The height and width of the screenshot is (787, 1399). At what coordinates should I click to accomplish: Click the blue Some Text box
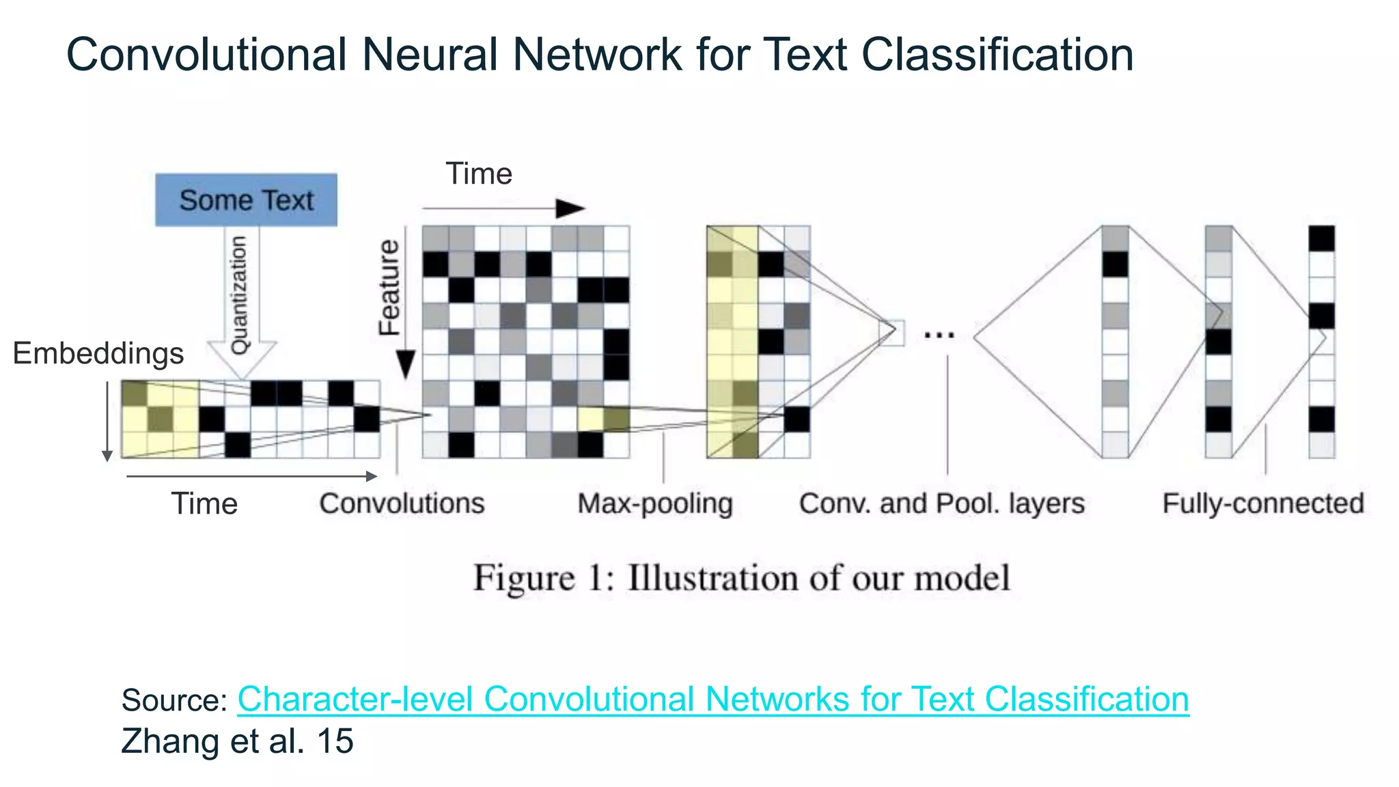(x=246, y=200)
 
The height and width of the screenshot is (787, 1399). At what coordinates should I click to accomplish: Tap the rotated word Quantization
(x=239, y=295)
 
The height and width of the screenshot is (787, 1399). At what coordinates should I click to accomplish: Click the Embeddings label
(x=98, y=353)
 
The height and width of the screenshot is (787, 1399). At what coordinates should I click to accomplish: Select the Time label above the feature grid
(x=478, y=174)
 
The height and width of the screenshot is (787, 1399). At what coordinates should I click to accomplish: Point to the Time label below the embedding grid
(x=204, y=504)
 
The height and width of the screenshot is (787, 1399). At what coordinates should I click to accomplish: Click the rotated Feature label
(x=389, y=287)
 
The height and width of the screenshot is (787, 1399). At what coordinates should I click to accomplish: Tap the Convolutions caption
(x=402, y=503)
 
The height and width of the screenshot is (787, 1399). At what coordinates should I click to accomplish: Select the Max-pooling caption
(x=654, y=504)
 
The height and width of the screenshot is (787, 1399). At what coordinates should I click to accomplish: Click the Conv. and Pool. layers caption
(x=941, y=503)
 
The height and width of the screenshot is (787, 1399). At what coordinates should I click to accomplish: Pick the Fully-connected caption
(x=1263, y=503)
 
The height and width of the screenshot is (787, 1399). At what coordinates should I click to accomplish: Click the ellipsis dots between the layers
(x=939, y=335)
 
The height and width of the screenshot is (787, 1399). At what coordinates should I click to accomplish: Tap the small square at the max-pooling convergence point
(x=891, y=333)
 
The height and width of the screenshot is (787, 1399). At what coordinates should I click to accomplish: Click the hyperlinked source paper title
(x=712, y=699)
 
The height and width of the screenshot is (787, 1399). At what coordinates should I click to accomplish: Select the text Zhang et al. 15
(x=237, y=741)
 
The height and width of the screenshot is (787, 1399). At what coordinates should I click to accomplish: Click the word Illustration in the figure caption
(x=713, y=578)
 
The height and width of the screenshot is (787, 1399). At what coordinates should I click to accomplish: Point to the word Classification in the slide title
(x=997, y=55)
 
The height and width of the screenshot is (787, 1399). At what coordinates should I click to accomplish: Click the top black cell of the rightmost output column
(x=1322, y=239)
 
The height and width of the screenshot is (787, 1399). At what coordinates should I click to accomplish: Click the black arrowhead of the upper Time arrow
(x=570, y=208)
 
